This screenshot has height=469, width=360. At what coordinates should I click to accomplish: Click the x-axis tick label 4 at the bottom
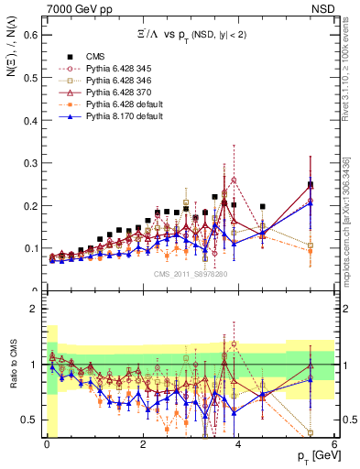(x=238, y=444)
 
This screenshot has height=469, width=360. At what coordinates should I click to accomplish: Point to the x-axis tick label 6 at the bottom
(x=334, y=444)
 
